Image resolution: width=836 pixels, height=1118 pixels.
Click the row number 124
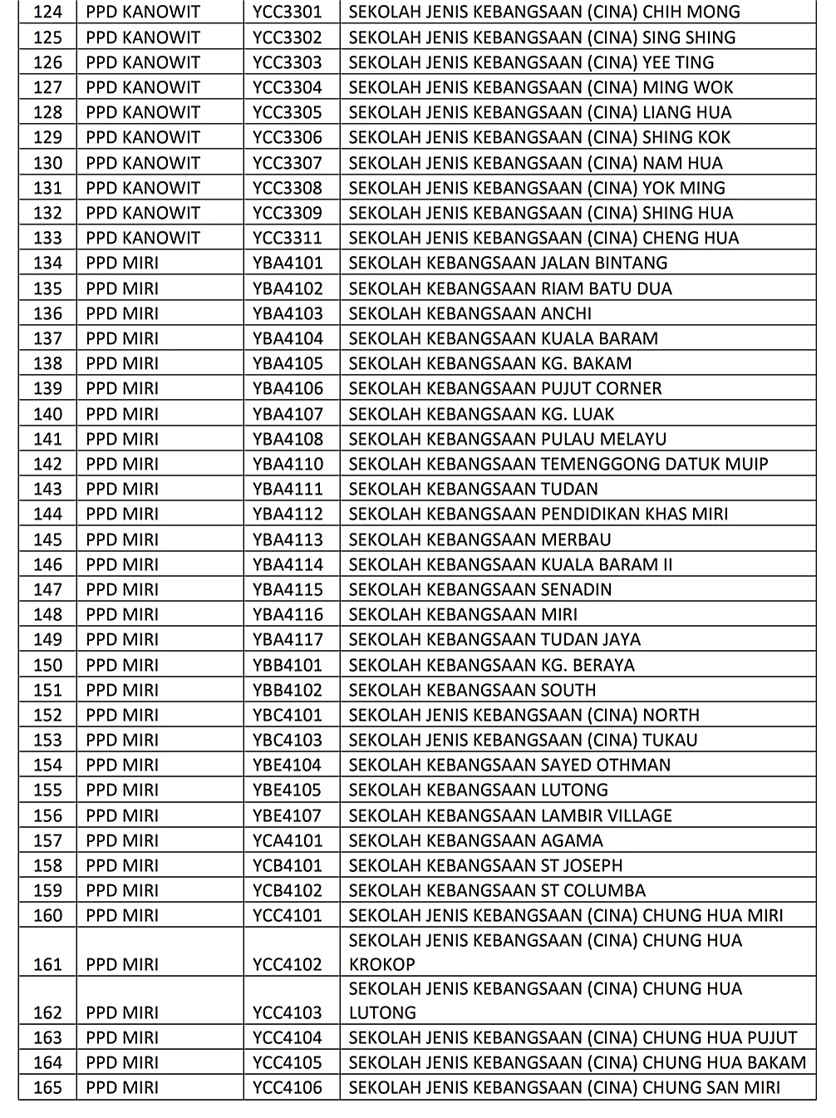point(47,12)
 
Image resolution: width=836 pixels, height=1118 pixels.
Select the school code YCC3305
point(287,112)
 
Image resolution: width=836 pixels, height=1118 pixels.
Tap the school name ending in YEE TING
point(530,62)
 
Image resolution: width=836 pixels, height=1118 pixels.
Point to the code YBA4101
point(287,263)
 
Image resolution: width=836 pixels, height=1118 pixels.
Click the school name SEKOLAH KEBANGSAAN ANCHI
point(470,313)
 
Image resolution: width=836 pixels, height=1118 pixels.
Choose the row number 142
point(47,464)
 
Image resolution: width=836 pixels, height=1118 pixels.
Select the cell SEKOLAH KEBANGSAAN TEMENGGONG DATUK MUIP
point(558,464)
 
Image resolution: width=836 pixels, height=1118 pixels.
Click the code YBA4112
point(287,514)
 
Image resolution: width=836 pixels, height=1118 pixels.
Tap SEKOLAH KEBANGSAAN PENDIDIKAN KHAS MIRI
point(538,514)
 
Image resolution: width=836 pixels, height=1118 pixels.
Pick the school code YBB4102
point(287,690)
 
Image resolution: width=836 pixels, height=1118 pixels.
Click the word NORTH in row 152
point(671,715)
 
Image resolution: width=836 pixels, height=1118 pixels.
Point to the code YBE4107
point(287,815)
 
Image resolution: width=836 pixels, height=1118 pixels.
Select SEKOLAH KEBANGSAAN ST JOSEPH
point(485,865)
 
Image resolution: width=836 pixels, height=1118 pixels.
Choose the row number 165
point(47,1087)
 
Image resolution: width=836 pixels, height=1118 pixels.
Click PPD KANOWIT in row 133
point(143,238)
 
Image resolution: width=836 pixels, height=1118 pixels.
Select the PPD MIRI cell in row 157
point(122,840)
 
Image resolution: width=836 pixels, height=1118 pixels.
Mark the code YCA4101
point(287,840)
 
